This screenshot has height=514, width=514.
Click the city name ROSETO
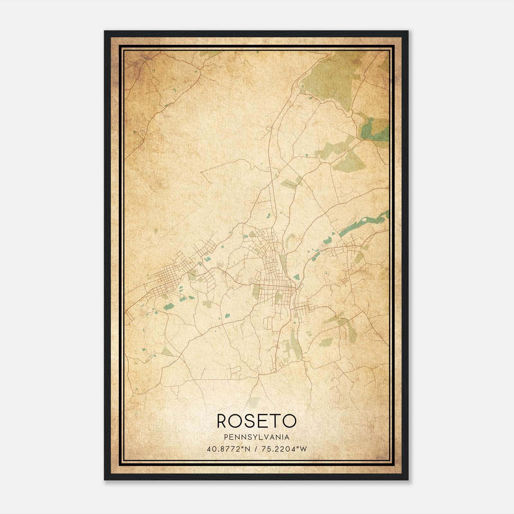tap(256, 421)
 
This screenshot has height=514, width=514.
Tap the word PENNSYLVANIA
tap(257, 437)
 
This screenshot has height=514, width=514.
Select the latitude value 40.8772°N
tap(228, 449)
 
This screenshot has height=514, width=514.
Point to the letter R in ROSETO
tap(223, 421)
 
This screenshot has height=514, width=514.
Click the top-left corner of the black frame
tap(105, 31)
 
